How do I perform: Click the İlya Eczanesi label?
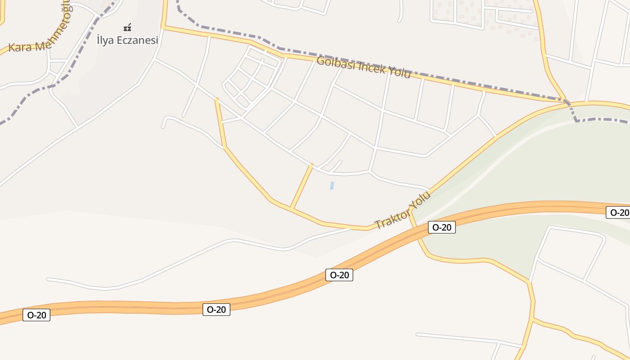tap(127, 40)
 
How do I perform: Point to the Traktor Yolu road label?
tap(403, 210)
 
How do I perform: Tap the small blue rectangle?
tap(332, 185)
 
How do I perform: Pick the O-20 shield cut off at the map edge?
tap(619, 212)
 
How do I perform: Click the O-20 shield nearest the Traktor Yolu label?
tap(441, 227)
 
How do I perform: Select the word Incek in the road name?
tap(370, 68)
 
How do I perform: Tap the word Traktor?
tap(391, 218)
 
